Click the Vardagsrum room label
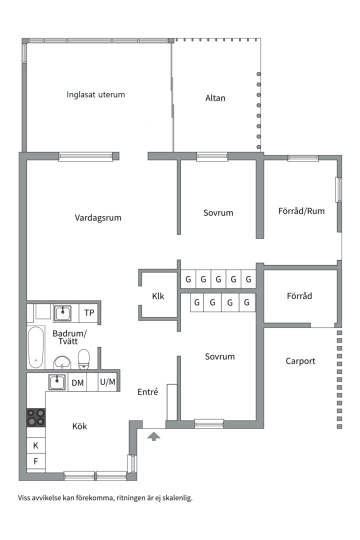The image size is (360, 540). click(x=98, y=218)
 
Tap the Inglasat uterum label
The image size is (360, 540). click(x=95, y=94)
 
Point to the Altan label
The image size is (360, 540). click(x=215, y=98)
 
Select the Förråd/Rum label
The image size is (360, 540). click(x=301, y=211)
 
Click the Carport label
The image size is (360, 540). click(x=300, y=361)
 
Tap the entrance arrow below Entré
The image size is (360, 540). click(x=154, y=437)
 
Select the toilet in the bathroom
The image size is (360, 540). click(x=84, y=357)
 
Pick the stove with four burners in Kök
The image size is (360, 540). click(x=36, y=417)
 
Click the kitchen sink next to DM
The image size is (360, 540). click(x=57, y=382)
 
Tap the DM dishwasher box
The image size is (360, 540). click(x=77, y=383)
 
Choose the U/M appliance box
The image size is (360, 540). click(x=107, y=382)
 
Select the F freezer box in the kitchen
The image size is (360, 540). click(x=36, y=461)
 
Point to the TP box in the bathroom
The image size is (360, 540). click(x=89, y=313)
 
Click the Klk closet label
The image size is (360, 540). click(x=158, y=296)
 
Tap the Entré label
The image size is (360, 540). click(x=147, y=392)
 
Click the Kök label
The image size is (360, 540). click(x=79, y=426)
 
